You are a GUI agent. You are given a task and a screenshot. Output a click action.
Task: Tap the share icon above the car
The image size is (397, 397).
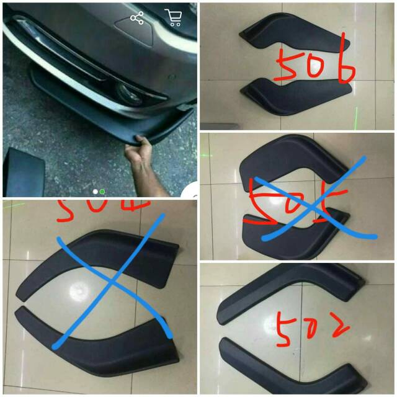(137, 18)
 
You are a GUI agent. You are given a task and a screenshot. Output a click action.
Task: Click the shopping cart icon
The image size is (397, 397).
(173, 18)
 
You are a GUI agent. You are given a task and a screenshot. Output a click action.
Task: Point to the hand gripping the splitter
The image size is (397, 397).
(139, 154)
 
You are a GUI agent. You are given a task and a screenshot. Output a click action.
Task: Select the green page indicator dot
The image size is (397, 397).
(102, 192)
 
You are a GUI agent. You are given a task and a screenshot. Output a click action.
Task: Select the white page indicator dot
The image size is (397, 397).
(95, 192)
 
